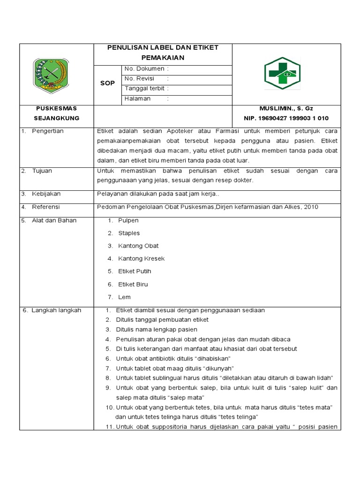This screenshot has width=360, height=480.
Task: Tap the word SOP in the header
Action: tap(107, 83)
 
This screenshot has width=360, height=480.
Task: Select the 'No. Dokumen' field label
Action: tap(144, 69)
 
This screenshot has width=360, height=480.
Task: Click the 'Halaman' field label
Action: tap(137, 98)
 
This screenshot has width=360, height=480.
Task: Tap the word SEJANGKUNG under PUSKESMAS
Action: tap(57, 118)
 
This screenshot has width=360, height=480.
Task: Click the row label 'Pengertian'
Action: tap(47, 131)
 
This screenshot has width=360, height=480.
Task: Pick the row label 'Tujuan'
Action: tap(42, 171)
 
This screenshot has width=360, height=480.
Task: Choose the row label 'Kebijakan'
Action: tap(46, 194)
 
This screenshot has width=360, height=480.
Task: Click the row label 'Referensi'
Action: tap(46, 207)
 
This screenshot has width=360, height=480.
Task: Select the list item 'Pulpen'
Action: tap(128, 220)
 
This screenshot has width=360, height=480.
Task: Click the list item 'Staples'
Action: tap(129, 233)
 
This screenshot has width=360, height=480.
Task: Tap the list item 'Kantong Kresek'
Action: tap(141, 258)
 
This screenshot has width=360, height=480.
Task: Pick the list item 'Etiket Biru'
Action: tap(133, 284)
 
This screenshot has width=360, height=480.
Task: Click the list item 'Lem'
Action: tap(124, 297)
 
